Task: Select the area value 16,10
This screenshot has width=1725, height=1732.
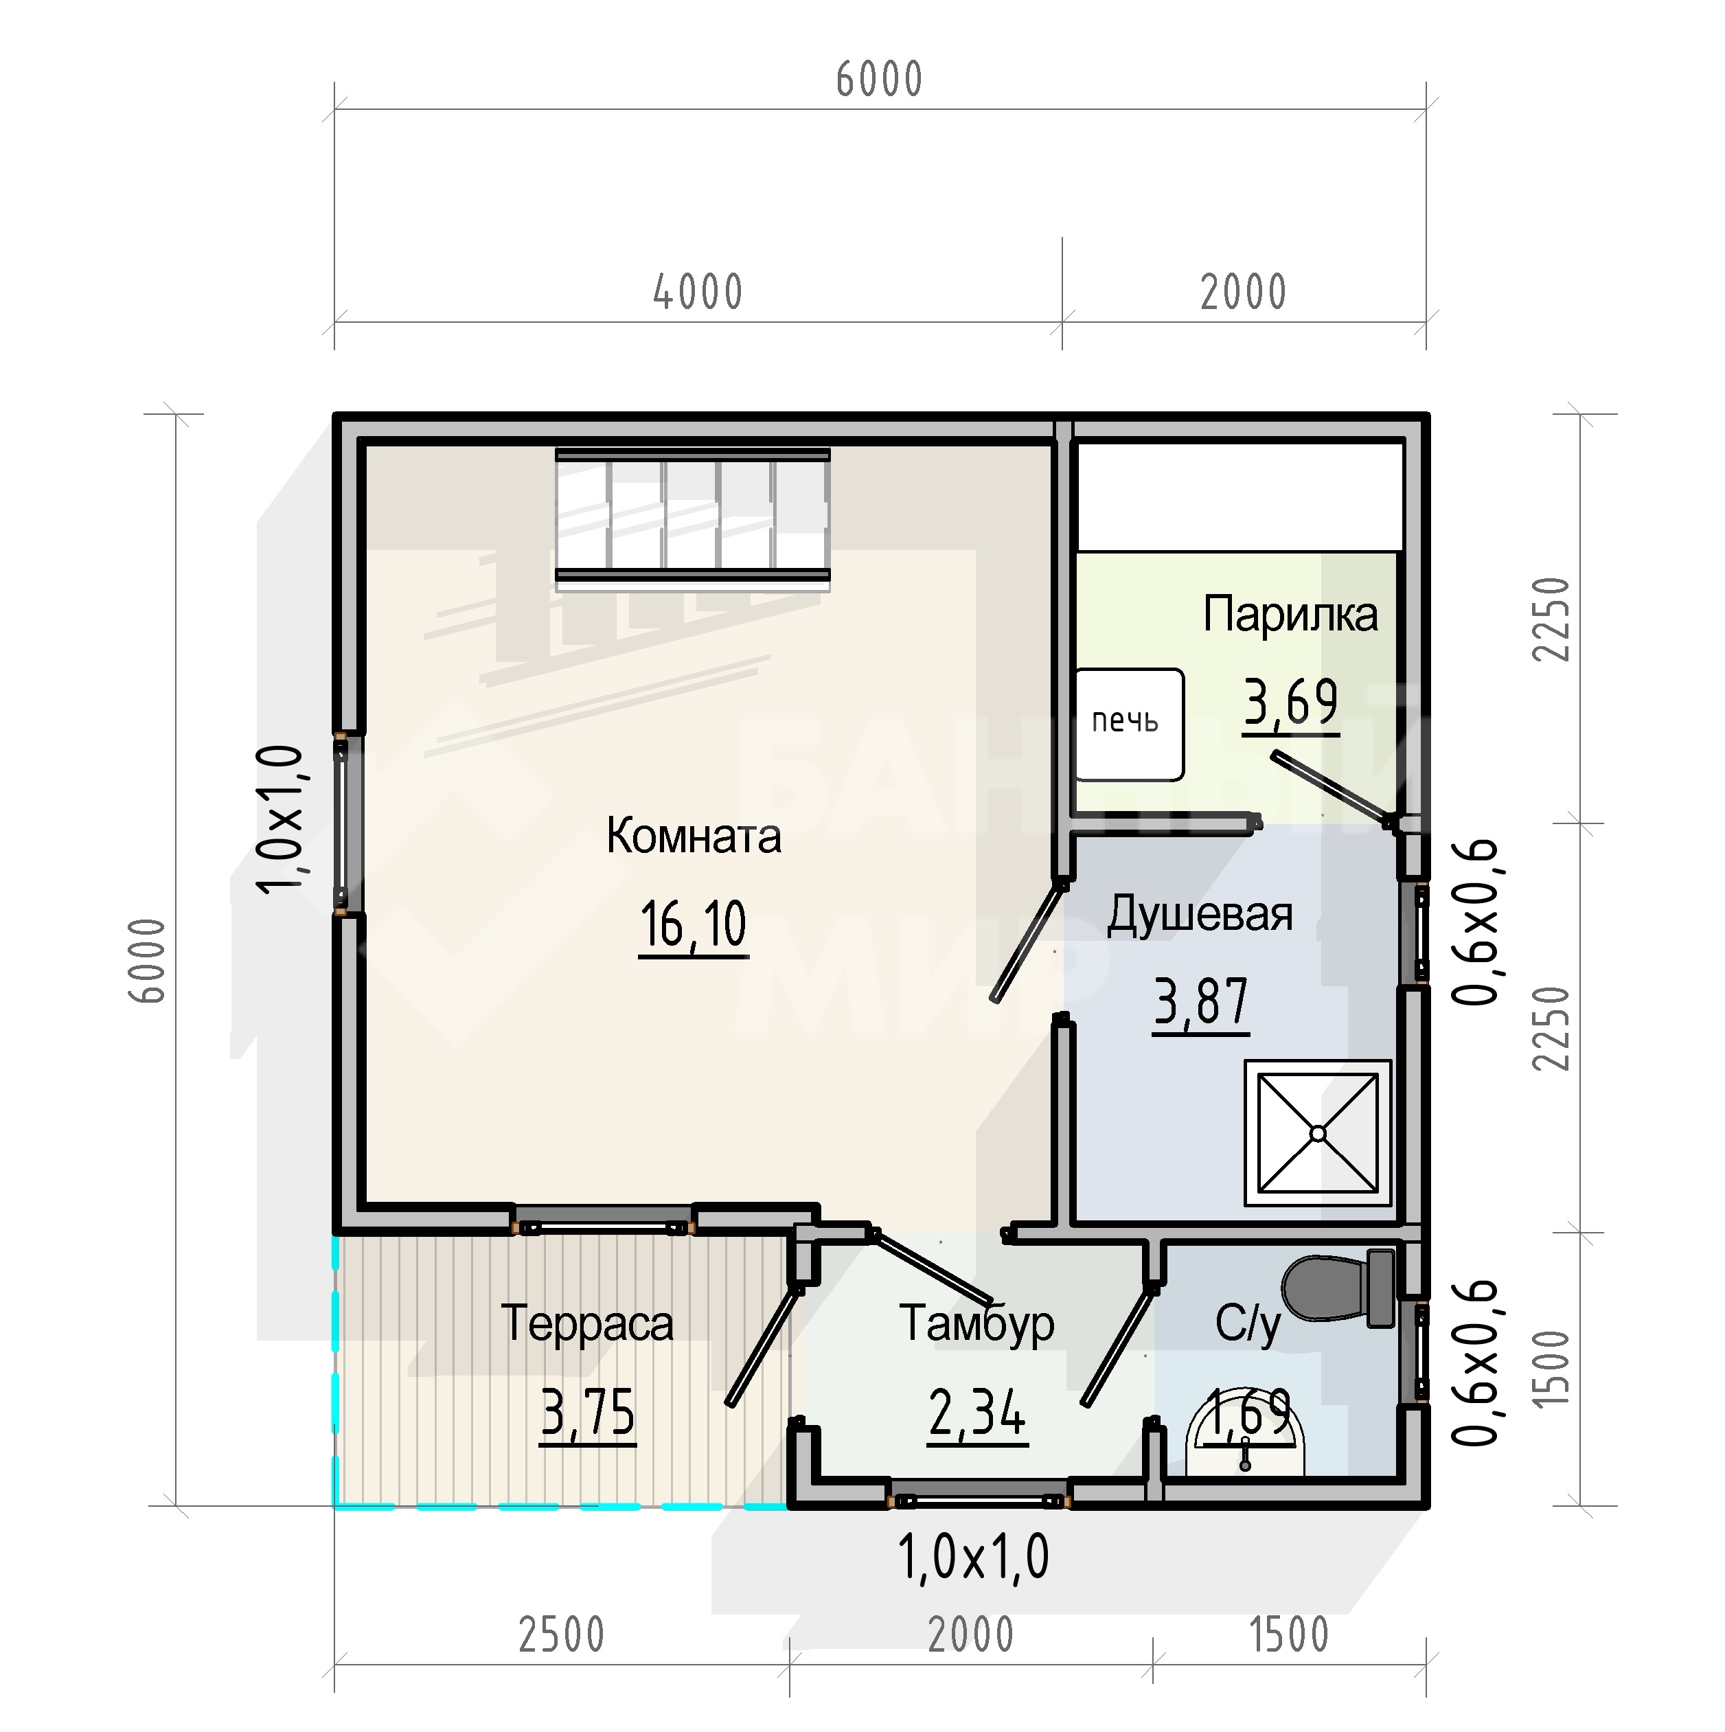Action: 693,924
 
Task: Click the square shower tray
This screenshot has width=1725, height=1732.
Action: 1317,1133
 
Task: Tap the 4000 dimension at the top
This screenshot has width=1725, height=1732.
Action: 698,293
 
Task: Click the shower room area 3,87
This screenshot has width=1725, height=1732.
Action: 1200,1001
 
